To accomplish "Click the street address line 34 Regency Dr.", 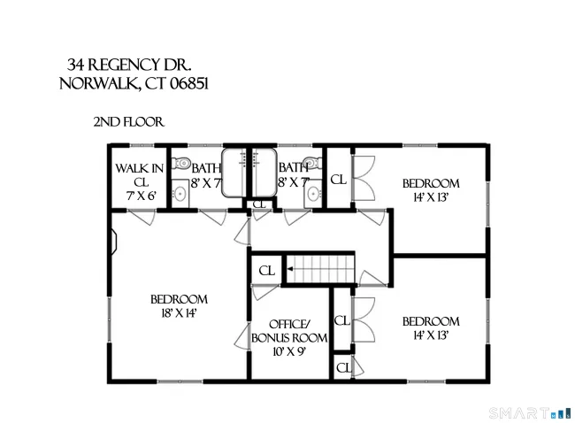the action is (x=129, y=65).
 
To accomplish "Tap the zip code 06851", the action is (x=189, y=84).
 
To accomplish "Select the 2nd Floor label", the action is (x=129, y=122).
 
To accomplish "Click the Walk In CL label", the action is (x=140, y=175).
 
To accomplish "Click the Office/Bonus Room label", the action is (x=289, y=331).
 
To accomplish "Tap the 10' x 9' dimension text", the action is (x=289, y=351).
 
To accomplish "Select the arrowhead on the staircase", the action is (x=289, y=269).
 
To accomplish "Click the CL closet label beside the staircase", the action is (x=266, y=271).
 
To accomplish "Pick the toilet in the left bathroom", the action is (x=181, y=162).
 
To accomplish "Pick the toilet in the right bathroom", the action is (x=313, y=162).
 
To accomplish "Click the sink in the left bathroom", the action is (x=180, y=193).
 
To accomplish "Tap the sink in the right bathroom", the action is (x=313, y=193).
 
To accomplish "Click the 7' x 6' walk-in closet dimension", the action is (x=142, y=196).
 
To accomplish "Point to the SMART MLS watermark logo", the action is (x=530, y=413).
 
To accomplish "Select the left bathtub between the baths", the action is (x=234, y=173).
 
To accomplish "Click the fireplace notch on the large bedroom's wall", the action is (x=114, y=242).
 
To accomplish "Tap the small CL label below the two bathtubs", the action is (x=259, y=204).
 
